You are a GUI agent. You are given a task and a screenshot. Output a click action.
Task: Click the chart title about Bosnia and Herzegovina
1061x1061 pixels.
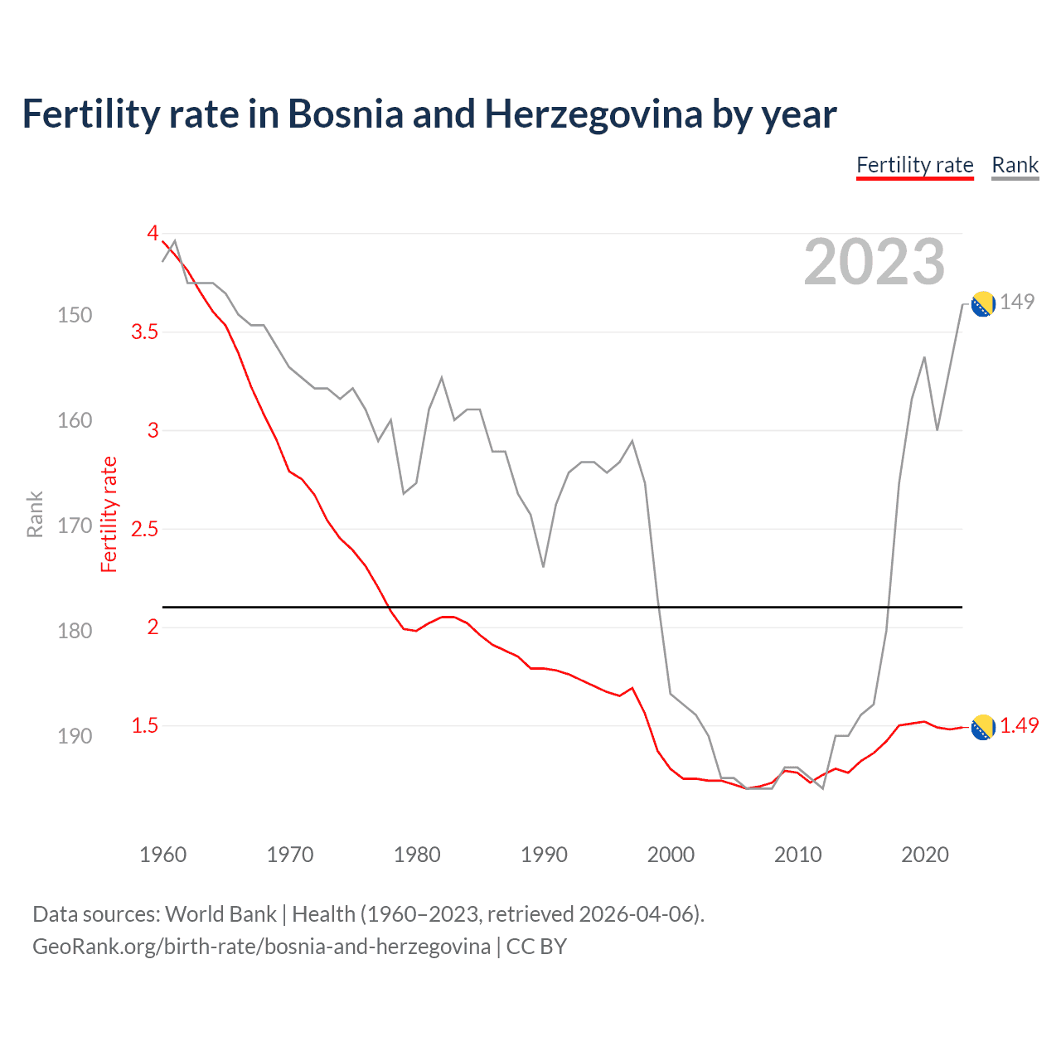[x=429, y=114]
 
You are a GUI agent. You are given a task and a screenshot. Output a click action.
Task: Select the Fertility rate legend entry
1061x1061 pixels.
[x=914, y=165]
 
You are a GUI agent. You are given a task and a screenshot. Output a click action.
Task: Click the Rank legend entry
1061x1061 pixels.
[x=1015, y=165]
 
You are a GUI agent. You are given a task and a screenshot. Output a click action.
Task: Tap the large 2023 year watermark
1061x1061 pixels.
[x=874, y=262]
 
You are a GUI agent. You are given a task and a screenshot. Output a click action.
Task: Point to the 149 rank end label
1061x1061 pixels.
[x=1017, y=302]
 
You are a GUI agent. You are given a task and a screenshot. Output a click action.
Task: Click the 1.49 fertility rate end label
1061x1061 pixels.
[x=1019, y=725]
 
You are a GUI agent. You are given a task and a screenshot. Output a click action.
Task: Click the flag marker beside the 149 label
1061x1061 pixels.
[x=982, y=304]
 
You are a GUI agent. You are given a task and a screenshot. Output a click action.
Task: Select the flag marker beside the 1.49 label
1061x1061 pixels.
[x=982, y=727]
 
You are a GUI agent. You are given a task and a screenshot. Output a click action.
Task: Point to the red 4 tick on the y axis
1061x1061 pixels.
[x=153, y=233]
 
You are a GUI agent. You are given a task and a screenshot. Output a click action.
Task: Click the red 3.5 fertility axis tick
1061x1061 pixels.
[x=144, y=332]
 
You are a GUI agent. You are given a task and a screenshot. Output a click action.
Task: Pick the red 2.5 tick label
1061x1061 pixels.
[x=144, y=529]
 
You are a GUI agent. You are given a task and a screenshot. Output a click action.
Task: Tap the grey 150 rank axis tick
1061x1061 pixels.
[x=75, y=315]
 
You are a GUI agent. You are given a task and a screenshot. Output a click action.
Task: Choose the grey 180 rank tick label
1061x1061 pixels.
[x=75, y=631]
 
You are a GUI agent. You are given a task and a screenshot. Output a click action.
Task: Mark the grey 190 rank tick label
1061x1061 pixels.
[x=75, y=736]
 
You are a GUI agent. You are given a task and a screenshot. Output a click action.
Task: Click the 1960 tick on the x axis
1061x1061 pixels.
[x=163, y=855]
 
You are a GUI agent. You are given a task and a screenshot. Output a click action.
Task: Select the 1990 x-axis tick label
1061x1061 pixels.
[x=544, y=855]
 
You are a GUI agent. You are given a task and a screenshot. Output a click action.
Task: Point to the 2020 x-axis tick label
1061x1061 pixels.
[x=924, y=855]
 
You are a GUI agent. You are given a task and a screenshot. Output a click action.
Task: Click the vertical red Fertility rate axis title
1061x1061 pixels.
[x=109, y=514]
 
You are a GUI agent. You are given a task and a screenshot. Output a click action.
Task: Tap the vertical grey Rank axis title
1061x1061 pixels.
[x=35, y=514]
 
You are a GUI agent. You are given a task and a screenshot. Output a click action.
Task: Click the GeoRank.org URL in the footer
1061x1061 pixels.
[x=261, y=947]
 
